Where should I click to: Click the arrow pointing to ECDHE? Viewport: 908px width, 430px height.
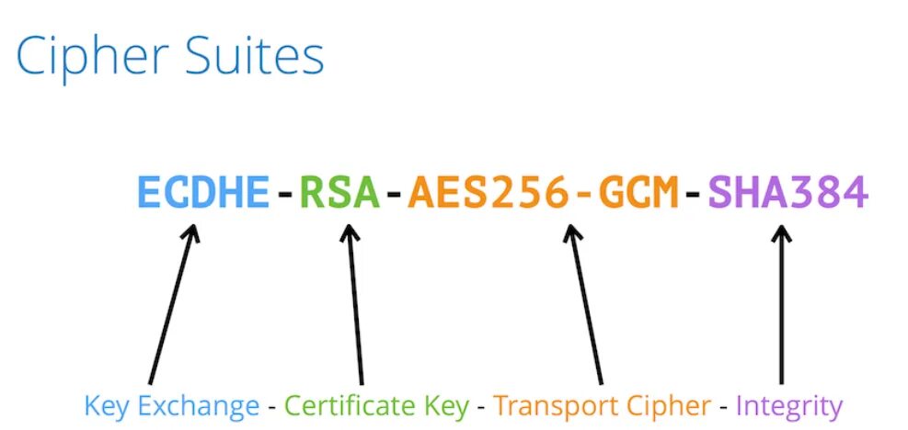pyautogui.click(x=172, y=303)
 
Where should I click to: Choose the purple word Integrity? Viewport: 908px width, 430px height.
pyautogui.click(x=789, y=405)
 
